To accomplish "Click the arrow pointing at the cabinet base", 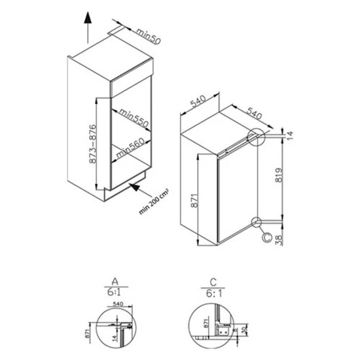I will (134, 189).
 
